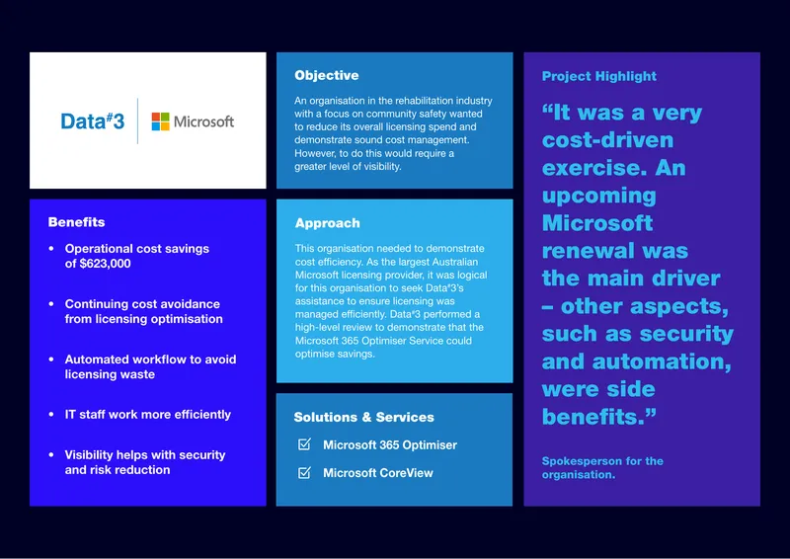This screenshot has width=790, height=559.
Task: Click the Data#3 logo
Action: pos(92,120)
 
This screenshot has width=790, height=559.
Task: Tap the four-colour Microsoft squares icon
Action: pos(160,121)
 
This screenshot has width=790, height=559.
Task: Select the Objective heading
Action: pos(327,76)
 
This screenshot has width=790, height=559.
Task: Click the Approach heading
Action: pos(328,223)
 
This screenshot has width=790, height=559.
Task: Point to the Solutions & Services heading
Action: pos(363,418)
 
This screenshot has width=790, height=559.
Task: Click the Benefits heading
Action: pos(77,222)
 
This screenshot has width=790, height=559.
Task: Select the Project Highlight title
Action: pos(599,76)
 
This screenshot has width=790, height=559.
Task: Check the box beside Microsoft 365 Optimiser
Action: pos(304,444)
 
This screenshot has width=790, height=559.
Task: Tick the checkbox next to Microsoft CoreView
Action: pos(304,472)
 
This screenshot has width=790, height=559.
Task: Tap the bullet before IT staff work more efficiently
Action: pos(51,415)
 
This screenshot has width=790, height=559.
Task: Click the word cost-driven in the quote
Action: pos(607,140)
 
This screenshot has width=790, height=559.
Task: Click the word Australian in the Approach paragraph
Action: pos(453,262)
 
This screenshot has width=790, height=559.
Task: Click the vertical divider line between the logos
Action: pos(137,120)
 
